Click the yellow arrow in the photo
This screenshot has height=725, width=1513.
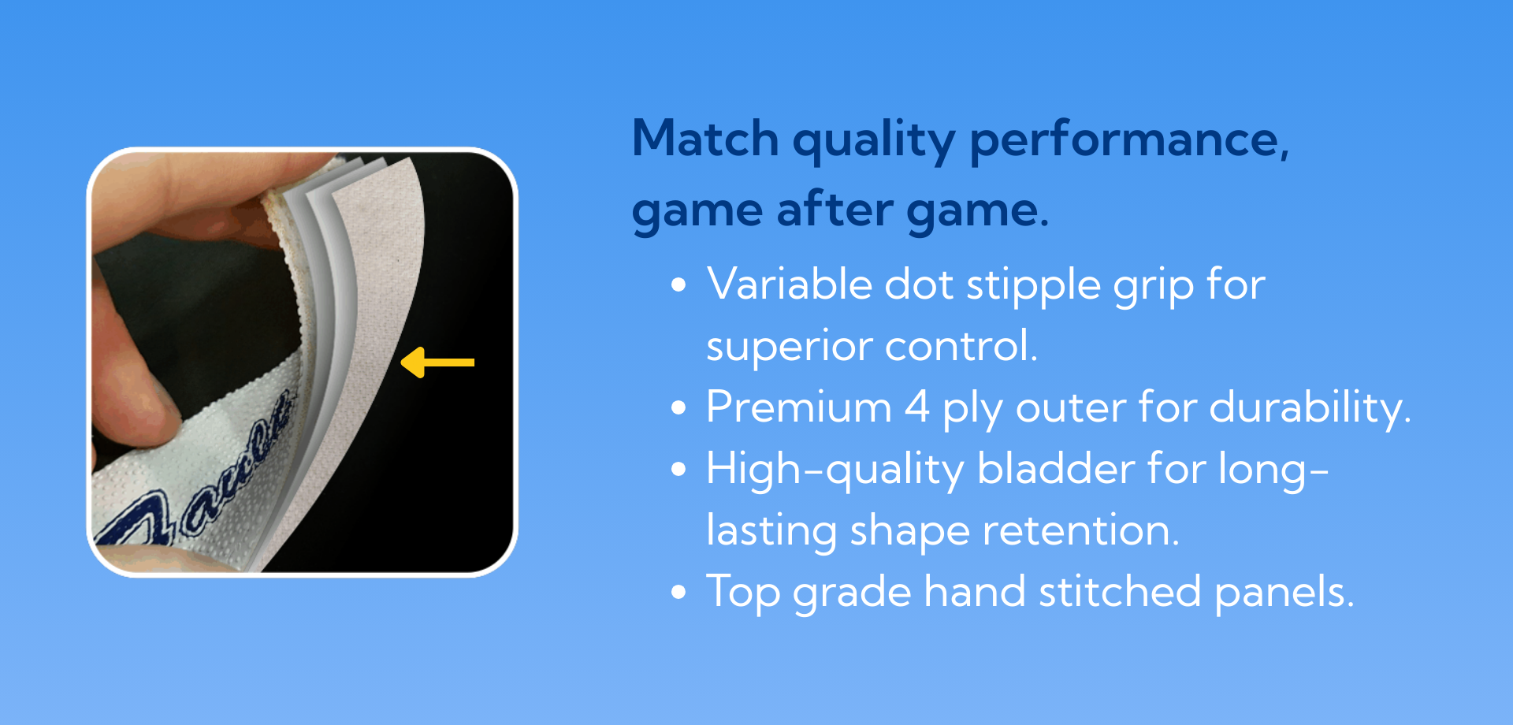coord(438,362)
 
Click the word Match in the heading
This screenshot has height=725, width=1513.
coord(705,139)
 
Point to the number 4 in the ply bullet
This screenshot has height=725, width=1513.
coord(917,407)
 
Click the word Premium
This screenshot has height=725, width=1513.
coord(799,407)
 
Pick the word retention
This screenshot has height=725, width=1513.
coord(1081,530)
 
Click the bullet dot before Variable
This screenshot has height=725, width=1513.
coord(678,285)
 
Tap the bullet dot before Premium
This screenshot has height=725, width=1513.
coord(678,408)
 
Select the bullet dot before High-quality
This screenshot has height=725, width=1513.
coord(678,470)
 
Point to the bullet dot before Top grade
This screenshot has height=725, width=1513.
coord(678,593)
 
